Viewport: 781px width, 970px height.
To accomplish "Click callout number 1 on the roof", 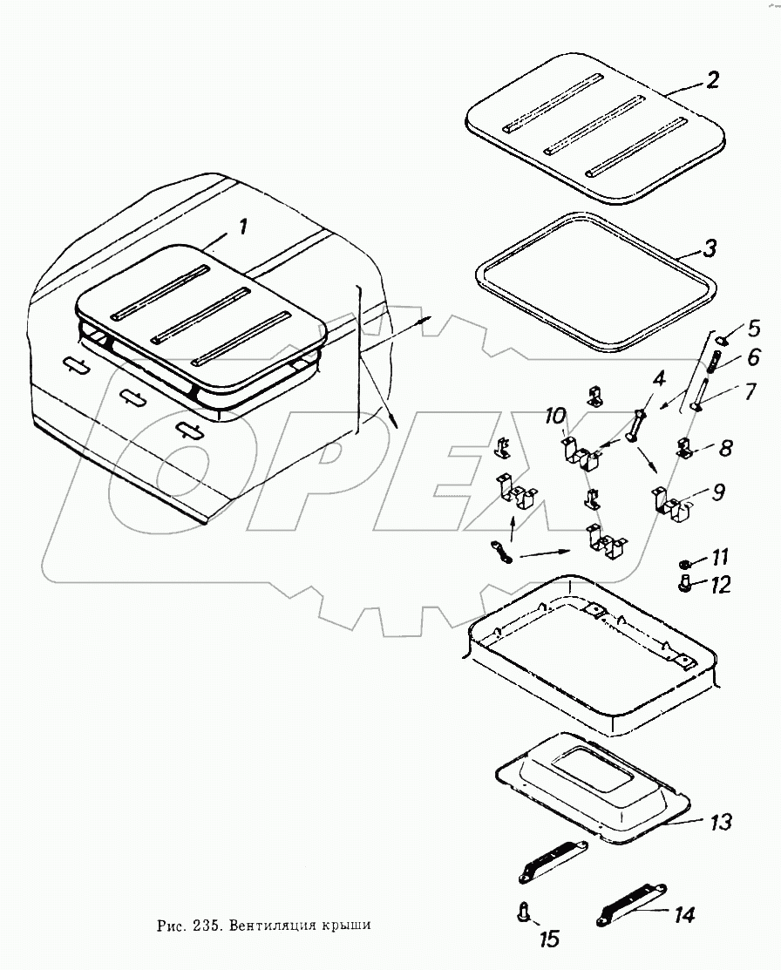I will (243, 228).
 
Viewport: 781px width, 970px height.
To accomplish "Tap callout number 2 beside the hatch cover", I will (712, 81).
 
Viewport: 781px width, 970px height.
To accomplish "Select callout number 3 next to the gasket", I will (710, 248).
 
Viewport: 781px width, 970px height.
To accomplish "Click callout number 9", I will (717, 492).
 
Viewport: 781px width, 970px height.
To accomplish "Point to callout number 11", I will (722, 556).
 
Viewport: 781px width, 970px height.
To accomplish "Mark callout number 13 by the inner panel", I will (720, 821).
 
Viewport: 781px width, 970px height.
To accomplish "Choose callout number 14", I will (684, 914).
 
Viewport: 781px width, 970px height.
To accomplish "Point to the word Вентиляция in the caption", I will (275, 925).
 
